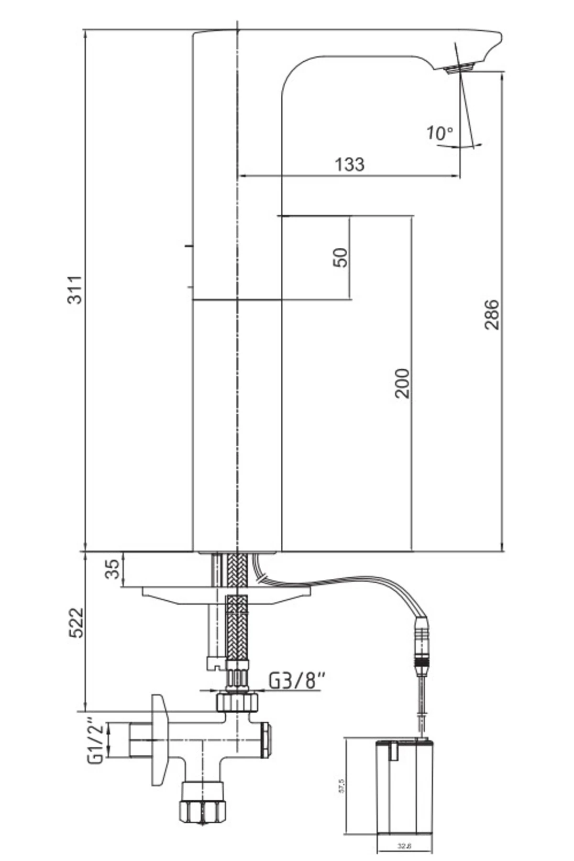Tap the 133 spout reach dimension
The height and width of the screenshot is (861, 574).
pyautogui.click(x=349, y=165)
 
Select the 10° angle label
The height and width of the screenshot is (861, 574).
pyautogui.click(x=439, y=132)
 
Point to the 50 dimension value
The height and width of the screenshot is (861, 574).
pyautogui.click(x=340, y=257)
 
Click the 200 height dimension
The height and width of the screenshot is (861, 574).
pyautogui.click(x=402, y=383)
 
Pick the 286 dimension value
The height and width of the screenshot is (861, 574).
pyautogui.click(x=491, y=314)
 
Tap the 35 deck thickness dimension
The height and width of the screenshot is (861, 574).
pyautogui.click(x=113, y=569)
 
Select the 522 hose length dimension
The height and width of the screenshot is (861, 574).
pyautogui.click(x=76, y=623)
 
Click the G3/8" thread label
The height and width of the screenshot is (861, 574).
pyautogui.click(x=297, y=680)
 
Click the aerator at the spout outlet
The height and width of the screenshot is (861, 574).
pyautogui.click(x=460, y=68)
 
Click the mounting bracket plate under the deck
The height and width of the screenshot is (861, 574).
pyautogui.click(x=225, y=595)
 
